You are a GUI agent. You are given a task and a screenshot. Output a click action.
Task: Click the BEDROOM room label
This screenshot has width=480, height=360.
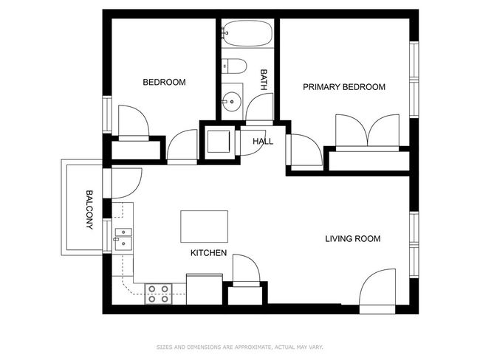164,82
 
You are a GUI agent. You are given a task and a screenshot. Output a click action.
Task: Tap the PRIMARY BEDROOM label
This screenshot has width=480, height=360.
344,87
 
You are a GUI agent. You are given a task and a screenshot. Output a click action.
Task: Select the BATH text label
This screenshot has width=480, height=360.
264,80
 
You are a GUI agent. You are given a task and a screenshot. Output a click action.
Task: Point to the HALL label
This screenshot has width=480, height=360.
263,142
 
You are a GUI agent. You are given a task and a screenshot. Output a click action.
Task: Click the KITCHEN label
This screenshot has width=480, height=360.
208,253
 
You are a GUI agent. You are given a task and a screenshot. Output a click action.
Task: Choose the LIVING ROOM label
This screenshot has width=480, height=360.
353,238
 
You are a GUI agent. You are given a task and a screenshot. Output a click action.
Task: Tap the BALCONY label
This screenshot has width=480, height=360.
89,210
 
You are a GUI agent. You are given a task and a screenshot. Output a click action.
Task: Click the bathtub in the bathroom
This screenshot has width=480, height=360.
247,33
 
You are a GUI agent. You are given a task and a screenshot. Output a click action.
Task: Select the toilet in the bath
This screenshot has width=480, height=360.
234,66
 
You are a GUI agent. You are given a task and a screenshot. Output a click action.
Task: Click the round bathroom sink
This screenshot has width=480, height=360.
232,101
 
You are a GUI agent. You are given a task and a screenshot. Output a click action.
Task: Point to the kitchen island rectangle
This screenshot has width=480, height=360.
204,226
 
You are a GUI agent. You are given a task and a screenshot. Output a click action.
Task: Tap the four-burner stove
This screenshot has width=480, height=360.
158,294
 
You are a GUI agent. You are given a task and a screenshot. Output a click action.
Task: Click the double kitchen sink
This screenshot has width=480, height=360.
123,240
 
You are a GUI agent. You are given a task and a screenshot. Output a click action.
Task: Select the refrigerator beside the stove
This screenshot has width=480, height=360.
204,289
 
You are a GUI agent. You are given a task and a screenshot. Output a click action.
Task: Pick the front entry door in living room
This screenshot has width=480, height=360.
377,291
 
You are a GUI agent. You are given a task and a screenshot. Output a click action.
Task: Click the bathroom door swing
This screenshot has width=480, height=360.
259,108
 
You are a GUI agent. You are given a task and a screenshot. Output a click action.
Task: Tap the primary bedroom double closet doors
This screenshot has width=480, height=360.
367,132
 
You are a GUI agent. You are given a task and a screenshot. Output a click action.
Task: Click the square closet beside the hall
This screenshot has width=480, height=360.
219,142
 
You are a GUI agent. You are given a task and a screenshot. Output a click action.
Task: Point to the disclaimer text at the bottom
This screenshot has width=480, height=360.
240,347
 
